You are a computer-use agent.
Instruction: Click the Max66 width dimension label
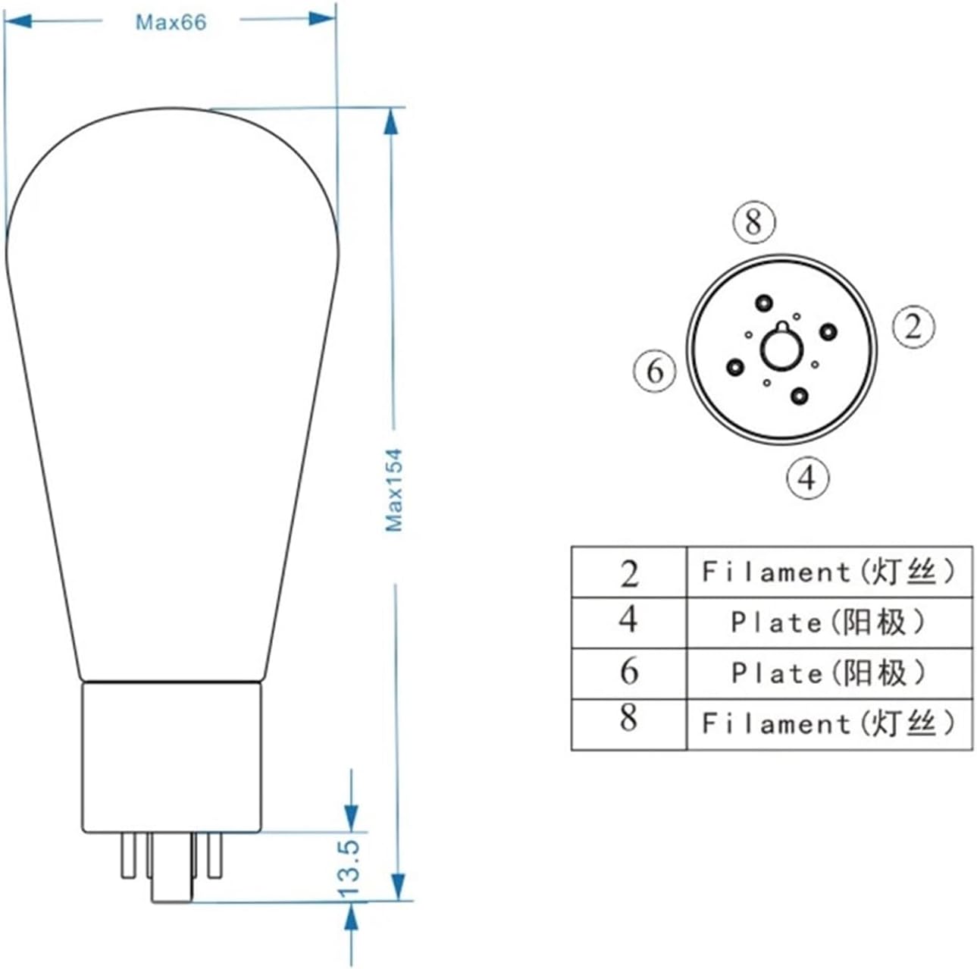(171, 22)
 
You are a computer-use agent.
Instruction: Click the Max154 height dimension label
(393, 491)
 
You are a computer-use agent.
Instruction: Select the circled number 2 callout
(913, 326)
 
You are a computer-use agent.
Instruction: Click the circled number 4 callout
(807, 478)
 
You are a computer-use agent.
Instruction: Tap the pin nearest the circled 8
(762, 303)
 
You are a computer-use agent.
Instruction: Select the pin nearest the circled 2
(828, 331)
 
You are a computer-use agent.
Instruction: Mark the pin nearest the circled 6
(734, 367)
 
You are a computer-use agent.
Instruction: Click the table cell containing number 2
(628, 572)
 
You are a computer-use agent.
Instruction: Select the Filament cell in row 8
(828, 724)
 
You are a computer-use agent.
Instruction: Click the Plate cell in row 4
(828, 622)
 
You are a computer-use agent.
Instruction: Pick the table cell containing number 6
(628, 673)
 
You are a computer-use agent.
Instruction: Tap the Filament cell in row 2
(828, 572)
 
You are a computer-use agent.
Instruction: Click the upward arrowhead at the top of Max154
(391, 121)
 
